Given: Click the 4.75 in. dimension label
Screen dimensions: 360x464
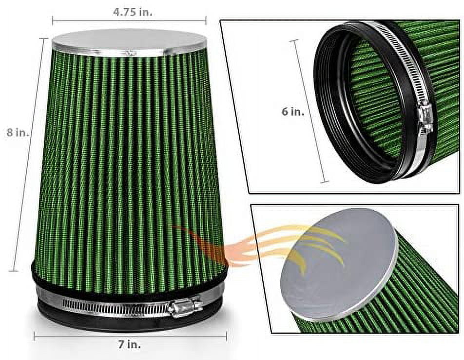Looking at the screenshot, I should pos(133,13).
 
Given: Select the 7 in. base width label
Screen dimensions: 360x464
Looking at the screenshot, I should pos(131,345).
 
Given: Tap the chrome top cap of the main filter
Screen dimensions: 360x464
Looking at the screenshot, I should pos(129,41).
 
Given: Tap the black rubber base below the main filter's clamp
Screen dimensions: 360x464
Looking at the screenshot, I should pos(122,322).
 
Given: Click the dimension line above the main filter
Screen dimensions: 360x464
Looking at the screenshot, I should pos(129,21).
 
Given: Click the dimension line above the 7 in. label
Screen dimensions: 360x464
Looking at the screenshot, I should pos(130,336).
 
